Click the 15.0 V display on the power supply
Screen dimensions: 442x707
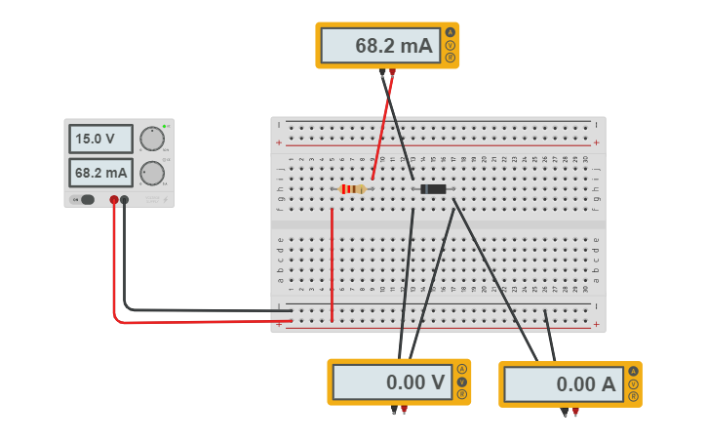click(x=100, y=139)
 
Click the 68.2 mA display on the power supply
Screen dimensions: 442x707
click(x=100, y=174)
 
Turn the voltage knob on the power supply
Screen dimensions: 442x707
click(x=151, y=139)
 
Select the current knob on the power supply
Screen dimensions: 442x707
click(x=151, y=173)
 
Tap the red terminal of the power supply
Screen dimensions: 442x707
click(x=114, y=200)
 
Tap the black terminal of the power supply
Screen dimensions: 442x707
click(x=124, y=200)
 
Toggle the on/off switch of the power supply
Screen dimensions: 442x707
click(x=85, y=200)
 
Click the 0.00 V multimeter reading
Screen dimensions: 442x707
click(x=392, y=382)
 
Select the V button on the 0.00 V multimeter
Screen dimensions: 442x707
click(x=462, y=382)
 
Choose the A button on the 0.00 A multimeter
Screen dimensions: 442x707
click(x=634, y=371)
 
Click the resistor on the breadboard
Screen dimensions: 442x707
click(x=352, y=188)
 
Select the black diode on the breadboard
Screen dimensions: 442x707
click(x=432, y=188)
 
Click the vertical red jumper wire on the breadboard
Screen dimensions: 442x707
click(x=332, y=263)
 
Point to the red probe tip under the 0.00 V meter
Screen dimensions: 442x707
click(x=404, y=411)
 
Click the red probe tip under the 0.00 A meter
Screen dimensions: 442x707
click(x=575, y=413)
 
